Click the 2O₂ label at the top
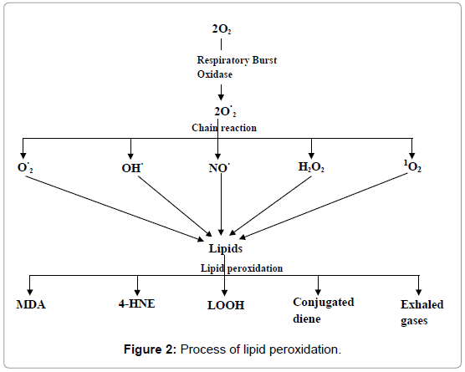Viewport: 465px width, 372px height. pyautogui.click(x=222, y=29)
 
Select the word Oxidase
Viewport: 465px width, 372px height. pyautogui.click(x=215, y=74)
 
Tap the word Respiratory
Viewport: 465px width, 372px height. pyautogui.click(x=223, y=60)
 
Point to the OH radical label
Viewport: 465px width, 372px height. pyautogui.click(x=132, y=168)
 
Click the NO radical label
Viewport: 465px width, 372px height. pyautogui.click(x=219, y=168)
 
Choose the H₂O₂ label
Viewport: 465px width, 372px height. pyautogui.click(x=311, y=167)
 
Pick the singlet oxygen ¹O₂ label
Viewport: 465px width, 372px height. pyautogui.click(x=412, y=166)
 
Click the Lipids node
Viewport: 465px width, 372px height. pyautogui.click(x=226, y=248)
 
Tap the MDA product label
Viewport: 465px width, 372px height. pyautogui.click(x=31, y=304)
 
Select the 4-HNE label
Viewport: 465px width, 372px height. pyautogui.click(x=136, y=303)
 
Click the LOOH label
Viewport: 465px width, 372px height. pyautogui.click(x=226, y=305)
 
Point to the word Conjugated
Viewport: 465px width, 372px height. pyautogui.click(x=324, y=303)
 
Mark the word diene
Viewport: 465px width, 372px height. pyautogui.click(x=307, y=319)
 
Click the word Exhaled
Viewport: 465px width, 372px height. pyautogui.click(x=422, y=304)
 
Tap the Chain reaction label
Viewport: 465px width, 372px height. pyautogui.click(x=224, y=128)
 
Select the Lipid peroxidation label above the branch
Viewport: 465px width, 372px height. pyautogui.click(x=242, y=268)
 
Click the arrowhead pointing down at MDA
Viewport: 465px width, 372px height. pyautogui.click(x=29, y=292)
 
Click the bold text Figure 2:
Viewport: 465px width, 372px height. pyautogui.click(x=150, y=349)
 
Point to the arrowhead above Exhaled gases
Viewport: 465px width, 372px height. pyautogui.click(x=418, y=292)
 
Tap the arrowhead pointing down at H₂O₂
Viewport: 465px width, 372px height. pyautogui.click(x=311, y=155)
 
